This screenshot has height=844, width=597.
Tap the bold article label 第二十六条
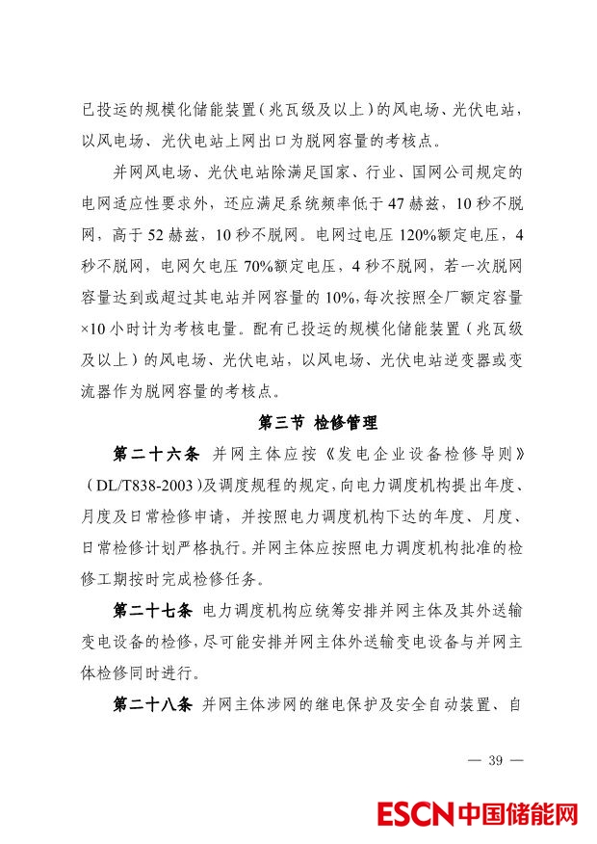coord(156,453)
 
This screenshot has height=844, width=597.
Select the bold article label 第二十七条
coord(156,612)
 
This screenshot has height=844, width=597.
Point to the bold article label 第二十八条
coord(156,704)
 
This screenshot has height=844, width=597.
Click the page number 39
coord(496,760)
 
